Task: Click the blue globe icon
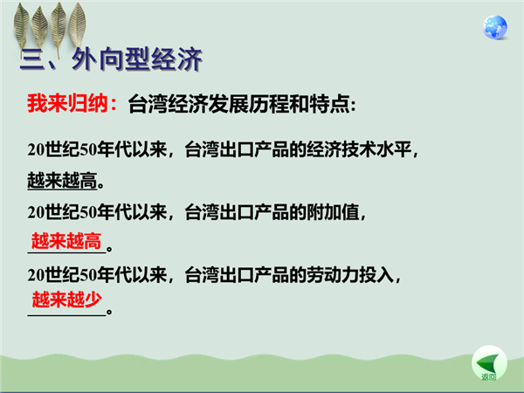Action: coord(495,27)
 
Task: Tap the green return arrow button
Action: coord(489,363)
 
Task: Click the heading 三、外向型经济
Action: coord(111,59)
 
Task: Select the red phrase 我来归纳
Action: coord(67,103)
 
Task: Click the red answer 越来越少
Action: coord(67,299)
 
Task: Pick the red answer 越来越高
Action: coord(66,241)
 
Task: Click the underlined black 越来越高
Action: coord(62,181)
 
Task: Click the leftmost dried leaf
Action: coord(21,25)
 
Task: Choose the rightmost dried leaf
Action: coord(77,24)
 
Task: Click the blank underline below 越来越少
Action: coord(66,315)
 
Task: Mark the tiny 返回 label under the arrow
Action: coord(489,377)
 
